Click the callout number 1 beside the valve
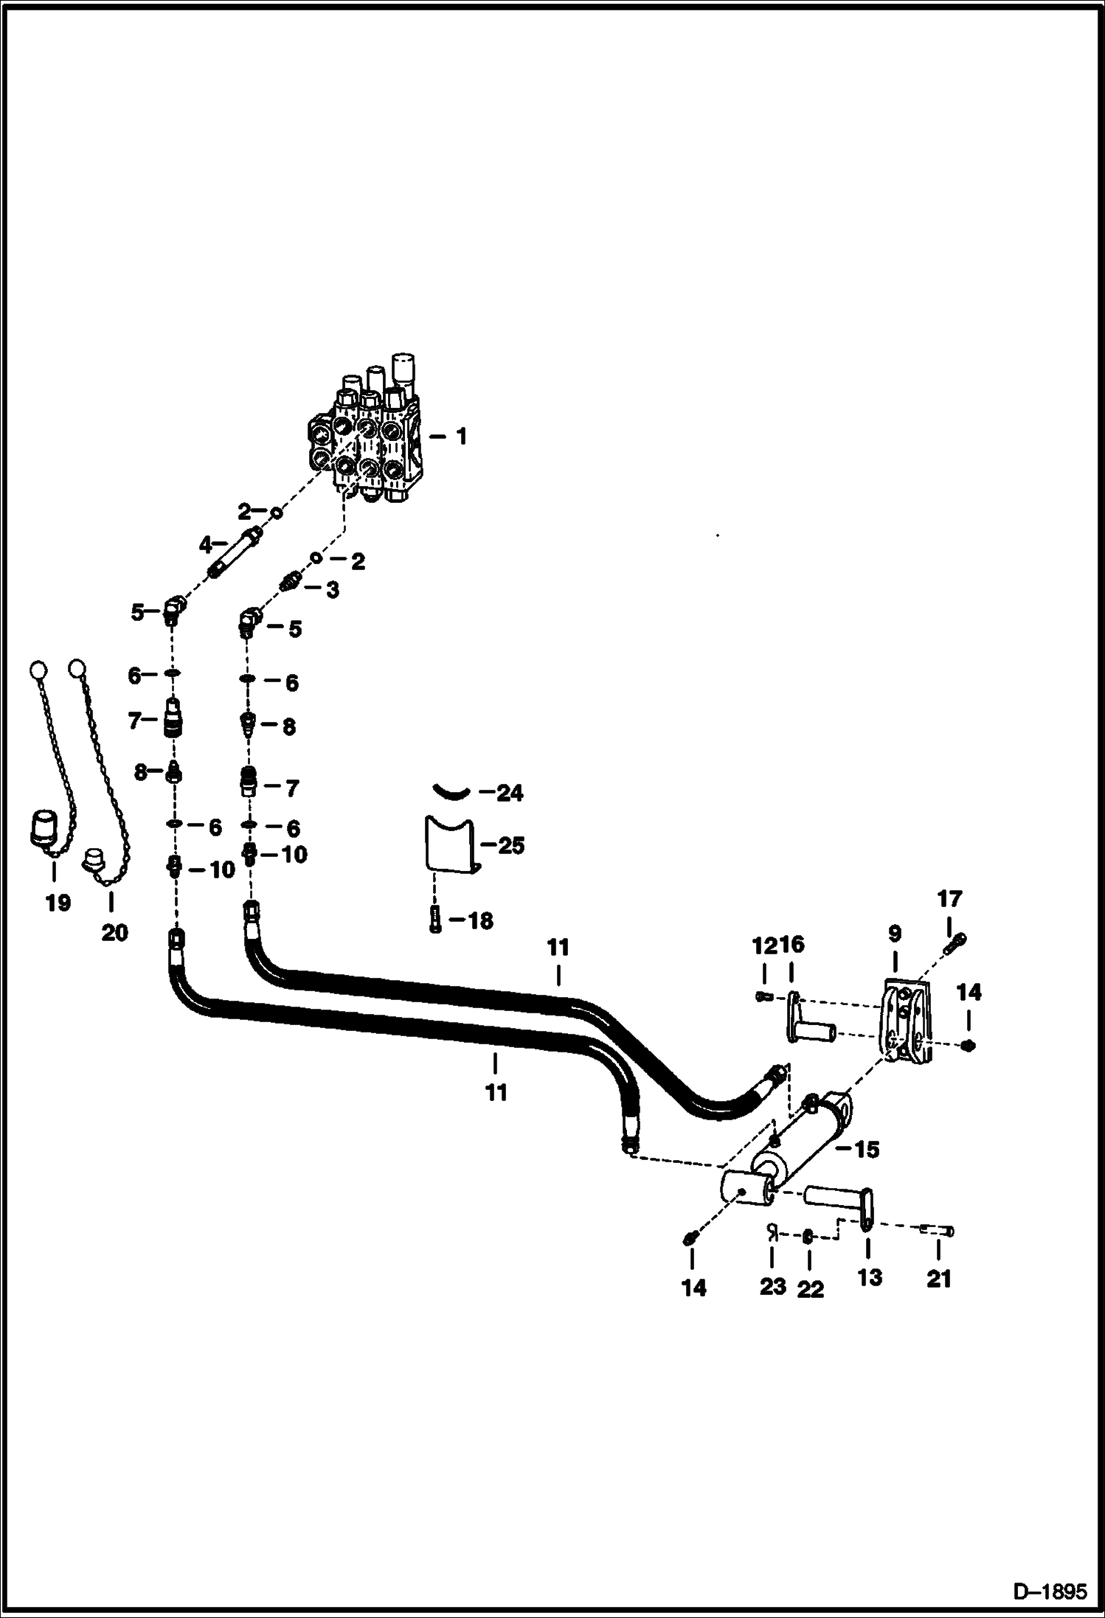tap(462, 437)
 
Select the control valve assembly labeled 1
tap(367, 442)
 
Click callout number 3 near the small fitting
tap(333, 590)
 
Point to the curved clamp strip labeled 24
tap(451, 791)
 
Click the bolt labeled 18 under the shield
tap(436, 920)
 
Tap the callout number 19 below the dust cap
tap(58, 902)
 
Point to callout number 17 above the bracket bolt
tap(949, 899)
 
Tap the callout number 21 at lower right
tap(938, 1278)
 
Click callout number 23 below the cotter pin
tap(772, 1287)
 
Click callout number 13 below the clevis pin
tap(869, 1277)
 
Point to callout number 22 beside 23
tap(810, 1288)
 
